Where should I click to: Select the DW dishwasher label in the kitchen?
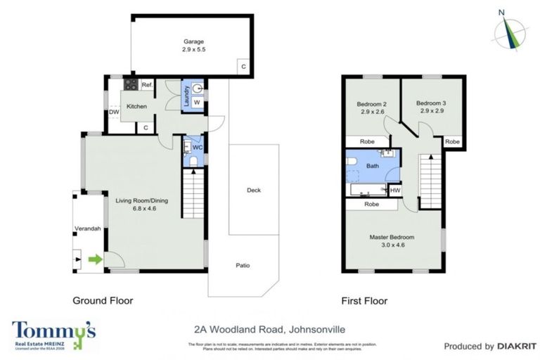pyautogui.click(x=113, y=112)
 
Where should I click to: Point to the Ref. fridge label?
pyautogui.click(x=147, y=85)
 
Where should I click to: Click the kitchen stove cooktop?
pyautogui.click(x=130, y=85)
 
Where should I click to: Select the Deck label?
pyautogui.click(x=254, y=190)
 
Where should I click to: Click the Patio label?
pyautogui.click(x=242, y=266)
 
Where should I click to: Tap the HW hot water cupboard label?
pyautogui.click(x=395, y=190)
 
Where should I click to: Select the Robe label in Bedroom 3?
pyautogui.click(x=453, y=142)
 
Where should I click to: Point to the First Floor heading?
pyautogui.click(x=364, y=301)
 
